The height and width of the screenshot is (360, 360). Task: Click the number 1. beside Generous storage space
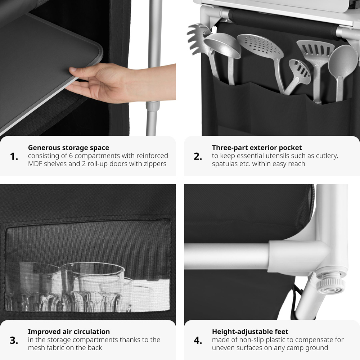(x=14, y=157)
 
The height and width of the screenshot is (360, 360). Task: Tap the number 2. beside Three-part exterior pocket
(x=198, y=157)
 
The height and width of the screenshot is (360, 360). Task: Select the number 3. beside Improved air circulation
(x=14, y=340)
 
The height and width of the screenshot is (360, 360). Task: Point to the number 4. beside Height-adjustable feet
(x=198, y=340)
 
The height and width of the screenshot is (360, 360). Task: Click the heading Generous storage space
(x=68, y=148)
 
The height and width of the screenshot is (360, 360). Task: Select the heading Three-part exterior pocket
(x=257, y=148)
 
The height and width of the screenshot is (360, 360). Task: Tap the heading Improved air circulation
(x=69, y=332)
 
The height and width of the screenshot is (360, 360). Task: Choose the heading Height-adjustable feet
(x=250, y=332)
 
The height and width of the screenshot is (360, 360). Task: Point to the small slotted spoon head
(x=300, y=71)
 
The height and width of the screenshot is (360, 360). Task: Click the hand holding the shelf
(x=104, y=82)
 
